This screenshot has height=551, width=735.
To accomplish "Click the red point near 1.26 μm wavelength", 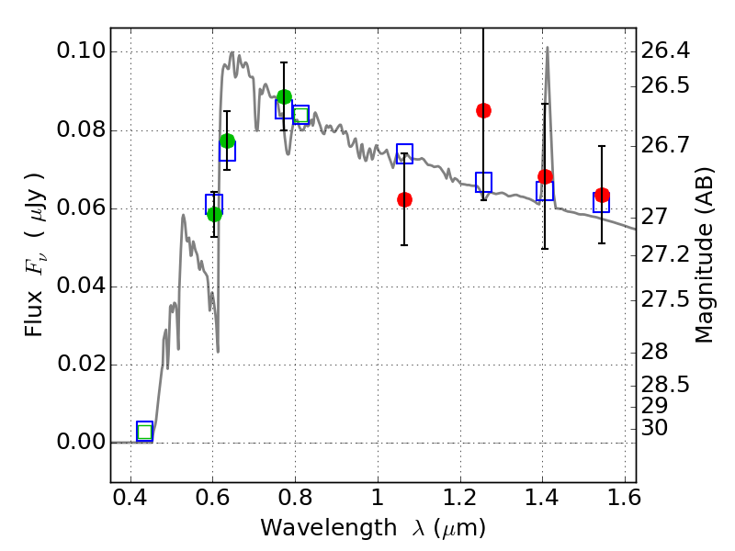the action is tap(483, 110).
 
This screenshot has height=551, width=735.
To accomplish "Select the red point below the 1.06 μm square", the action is tap(404, 199).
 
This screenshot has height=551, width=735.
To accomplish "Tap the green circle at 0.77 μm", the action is tap(284, 97).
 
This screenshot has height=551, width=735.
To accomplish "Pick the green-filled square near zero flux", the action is tap(145, 431).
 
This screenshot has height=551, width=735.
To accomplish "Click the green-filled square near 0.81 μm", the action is tap(301, 115).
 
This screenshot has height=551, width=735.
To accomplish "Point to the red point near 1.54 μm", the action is tap(602, 195).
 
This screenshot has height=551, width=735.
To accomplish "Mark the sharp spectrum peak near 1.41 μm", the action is tap(547, 47).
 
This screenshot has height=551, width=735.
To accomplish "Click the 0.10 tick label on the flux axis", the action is tap(81, 51).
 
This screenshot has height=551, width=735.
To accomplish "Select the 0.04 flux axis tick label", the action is tap(81, 286).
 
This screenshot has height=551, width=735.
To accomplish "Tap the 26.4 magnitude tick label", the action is tap(665, 51).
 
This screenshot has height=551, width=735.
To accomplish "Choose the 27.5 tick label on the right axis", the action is tap(665, 300).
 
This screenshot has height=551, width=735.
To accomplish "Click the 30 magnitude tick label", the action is tap(654, 428).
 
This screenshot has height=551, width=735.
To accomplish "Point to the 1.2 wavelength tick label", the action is tap(460, 498).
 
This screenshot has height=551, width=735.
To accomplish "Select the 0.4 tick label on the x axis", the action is tap(130, 498).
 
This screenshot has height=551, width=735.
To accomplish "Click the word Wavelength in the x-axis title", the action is tap(329, 528).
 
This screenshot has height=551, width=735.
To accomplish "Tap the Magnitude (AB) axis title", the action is tap(703, 255).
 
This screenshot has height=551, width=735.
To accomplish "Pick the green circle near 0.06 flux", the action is tap(214, 214).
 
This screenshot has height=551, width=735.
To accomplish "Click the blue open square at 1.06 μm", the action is tap(404, 153).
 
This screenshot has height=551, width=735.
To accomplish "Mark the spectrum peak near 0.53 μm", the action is tap(183, 215).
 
